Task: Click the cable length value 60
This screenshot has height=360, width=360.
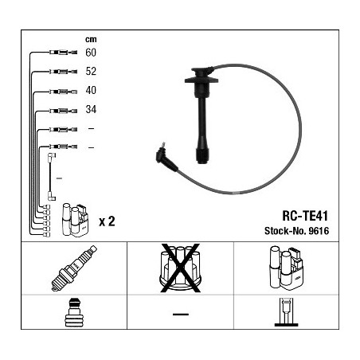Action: coord(91,53)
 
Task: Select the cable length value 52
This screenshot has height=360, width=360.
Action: coord(91,71)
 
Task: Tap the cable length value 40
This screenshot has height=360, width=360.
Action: coord(91,90)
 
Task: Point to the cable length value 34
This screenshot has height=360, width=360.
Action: coord(91,109)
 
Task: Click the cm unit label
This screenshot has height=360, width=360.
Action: coord(91,40)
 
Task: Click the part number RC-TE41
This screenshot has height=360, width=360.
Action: coord(305,216)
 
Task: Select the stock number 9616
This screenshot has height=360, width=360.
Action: coord(319,231)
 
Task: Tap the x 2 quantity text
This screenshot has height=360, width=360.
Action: coord(107,221)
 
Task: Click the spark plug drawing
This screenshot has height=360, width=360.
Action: coord(74,268)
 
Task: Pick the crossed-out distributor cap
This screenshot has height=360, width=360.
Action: coord(180,268)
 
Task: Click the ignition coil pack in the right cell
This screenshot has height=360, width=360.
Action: coord(286,268)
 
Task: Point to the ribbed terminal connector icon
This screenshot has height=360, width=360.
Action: coord(73,313)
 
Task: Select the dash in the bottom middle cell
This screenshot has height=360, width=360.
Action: coord(181,315)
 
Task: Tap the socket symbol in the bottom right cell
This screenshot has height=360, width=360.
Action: coord(286,312)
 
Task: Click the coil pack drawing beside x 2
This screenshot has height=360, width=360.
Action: coord(75,220)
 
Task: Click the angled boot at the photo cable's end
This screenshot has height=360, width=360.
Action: coord(166,158)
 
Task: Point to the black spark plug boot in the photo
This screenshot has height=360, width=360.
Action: coord(202,115)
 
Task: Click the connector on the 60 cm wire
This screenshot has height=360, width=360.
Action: coord(63,53)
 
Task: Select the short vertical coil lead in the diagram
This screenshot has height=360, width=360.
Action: coord(52,177)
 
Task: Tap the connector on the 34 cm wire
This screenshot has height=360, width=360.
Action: coord(63,111)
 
